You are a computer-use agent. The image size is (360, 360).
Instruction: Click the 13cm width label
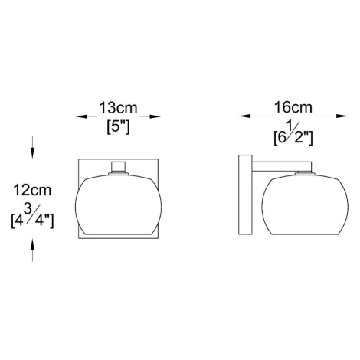coord(118,108)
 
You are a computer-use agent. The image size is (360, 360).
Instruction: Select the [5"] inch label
coord(118,127)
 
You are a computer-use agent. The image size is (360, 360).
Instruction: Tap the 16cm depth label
coord(293,107)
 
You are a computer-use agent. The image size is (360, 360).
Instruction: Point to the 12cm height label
coord(32,190)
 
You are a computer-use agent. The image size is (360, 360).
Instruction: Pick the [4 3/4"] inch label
coord(32,216)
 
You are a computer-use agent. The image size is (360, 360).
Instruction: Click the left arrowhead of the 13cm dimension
coord(82,116)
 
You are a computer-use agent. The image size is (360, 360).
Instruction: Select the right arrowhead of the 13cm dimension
coord(155,116)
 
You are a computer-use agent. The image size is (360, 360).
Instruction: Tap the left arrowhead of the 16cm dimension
coord(244,116)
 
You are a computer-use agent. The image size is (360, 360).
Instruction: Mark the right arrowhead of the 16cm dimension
coord(342,116)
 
